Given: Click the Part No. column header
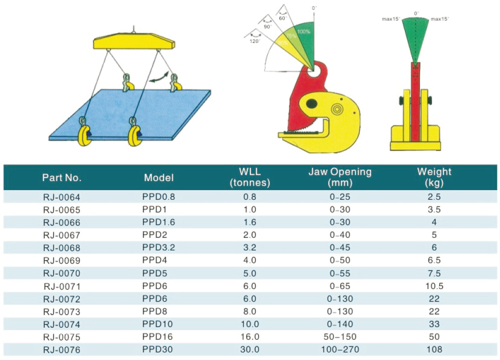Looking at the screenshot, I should [x=62, y=178].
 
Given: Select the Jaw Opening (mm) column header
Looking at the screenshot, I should [x=340, y=177].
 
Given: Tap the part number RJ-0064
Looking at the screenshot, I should [x=62, y=197].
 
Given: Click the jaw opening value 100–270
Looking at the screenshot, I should [x=340, y=349].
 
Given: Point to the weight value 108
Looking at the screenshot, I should [x=434, y=349].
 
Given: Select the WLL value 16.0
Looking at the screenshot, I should [x=249, y=337].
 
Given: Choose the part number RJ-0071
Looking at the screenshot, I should [x=62, y=286].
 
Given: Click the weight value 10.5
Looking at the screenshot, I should [x=434, y=286].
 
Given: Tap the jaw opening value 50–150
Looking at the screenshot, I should [x=340, y=337].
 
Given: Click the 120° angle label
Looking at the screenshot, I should [x=254, y=42].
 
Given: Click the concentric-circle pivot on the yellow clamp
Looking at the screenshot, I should [x=336, y=110].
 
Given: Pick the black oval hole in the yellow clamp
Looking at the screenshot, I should [x=312, y=103].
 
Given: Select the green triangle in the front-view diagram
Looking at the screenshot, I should [x=415, y=39].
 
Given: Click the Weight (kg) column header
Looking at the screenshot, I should [x=434, y=177].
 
